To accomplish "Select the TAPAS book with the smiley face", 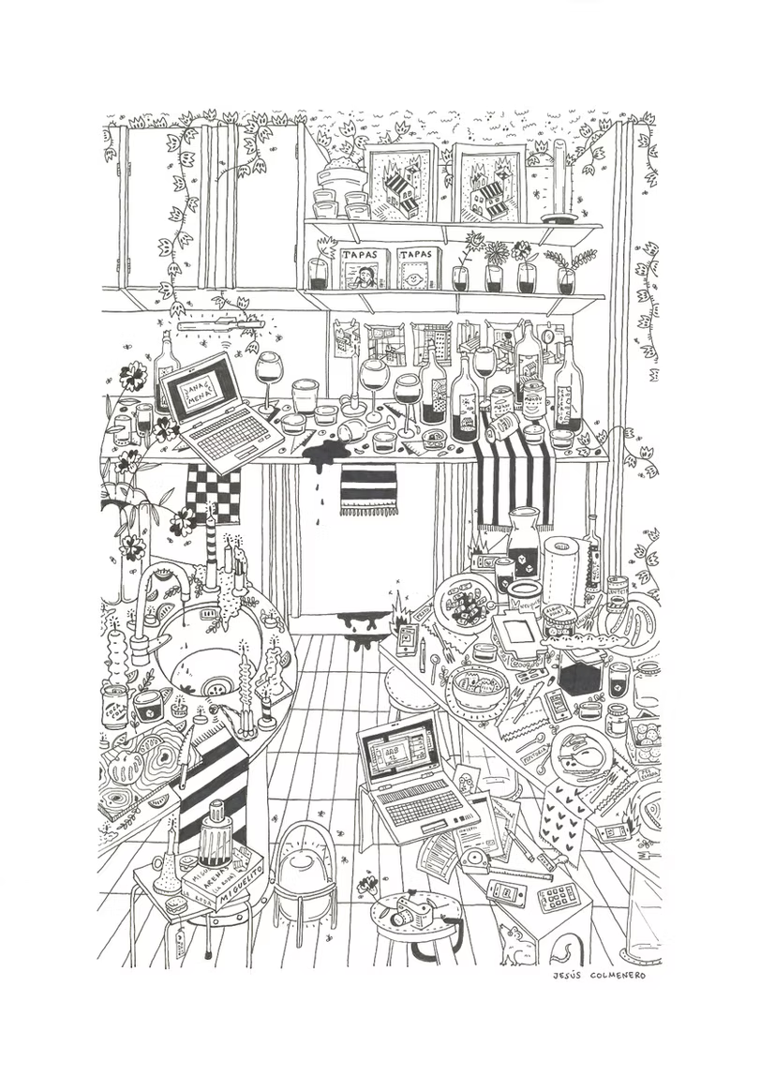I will point(417,269).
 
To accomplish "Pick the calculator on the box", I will point(559,897).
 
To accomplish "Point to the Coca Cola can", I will point(114,706).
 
